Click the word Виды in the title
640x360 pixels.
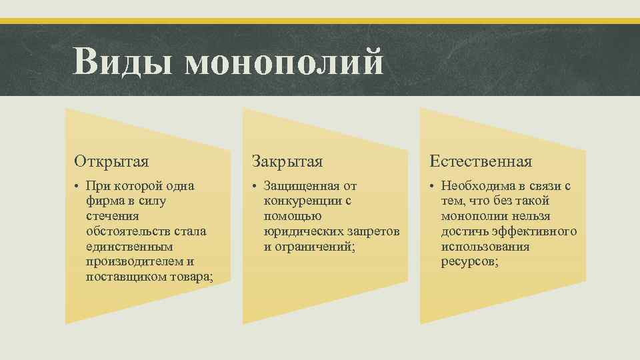click(124, 62)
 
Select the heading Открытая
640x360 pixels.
click(111, 161)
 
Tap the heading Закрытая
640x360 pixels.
click(287, 161)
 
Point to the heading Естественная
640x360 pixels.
click(480, 161)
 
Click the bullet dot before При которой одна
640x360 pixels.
click(77, 185)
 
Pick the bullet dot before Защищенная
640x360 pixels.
click(255, 185)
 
